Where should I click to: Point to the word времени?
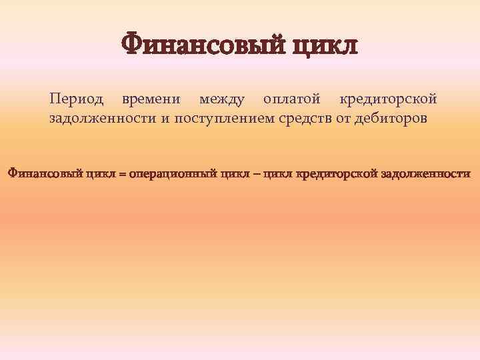coord(151,99)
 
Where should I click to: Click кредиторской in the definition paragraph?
coord(389,99)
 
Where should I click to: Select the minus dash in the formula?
coord(255,174)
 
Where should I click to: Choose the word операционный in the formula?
coord(172,174)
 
